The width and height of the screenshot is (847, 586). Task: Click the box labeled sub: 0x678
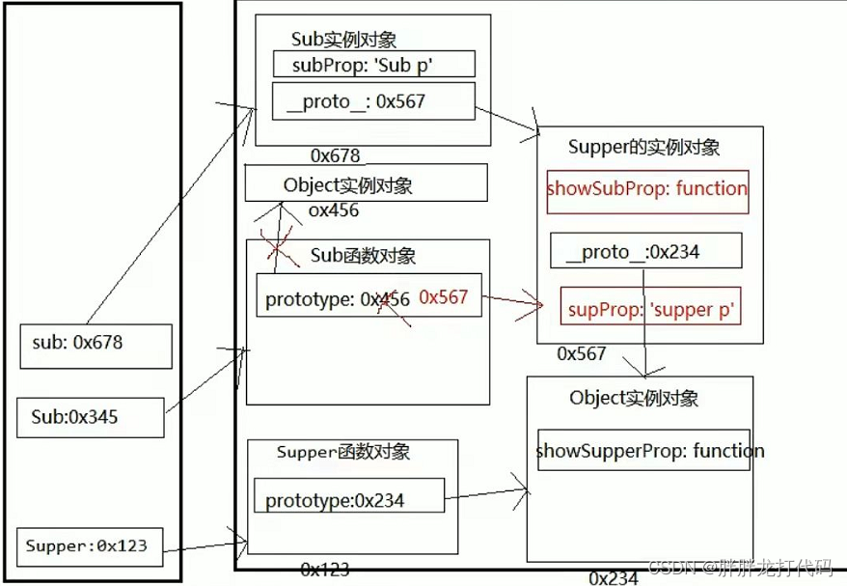coord(96,346)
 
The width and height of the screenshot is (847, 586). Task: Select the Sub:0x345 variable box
coord(90,416)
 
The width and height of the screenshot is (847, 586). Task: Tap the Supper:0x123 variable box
coord(89,546)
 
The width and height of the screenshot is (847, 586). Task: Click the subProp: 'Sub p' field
coord(373,65)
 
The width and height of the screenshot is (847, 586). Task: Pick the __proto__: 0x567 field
coord(373,101)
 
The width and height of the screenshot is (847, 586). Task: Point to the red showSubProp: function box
coord(646,189)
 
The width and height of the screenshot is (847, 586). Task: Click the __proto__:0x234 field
coord(645,252)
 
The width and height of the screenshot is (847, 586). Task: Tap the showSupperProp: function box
coord(643,450)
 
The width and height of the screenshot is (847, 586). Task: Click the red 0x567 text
coord(443,297)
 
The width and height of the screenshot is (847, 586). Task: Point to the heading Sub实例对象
coord(343,40)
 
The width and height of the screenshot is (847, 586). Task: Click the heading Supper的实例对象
coord(643,147)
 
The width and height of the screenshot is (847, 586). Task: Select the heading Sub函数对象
coord(363,256)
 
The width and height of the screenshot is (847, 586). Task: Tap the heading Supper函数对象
coord(343,452)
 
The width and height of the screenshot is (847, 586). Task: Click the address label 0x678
coord(335,155)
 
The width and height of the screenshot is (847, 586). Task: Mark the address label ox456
coord(334,209)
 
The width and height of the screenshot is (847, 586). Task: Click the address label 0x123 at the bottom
coord(324,570)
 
